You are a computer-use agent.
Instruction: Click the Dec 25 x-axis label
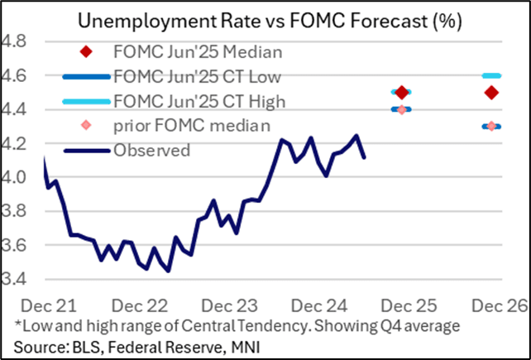(x=402, y=303)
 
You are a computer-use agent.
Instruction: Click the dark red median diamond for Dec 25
(x=402, y=92)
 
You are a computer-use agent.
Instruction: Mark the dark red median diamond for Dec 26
(x=491, y=92)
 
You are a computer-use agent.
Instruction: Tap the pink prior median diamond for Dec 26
(x=491, y=126)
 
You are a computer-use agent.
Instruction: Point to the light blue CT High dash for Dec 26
(x=491, y=75)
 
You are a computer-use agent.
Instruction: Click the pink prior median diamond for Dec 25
(x=402, y=109)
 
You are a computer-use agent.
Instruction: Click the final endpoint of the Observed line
(x=365, y=156)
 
